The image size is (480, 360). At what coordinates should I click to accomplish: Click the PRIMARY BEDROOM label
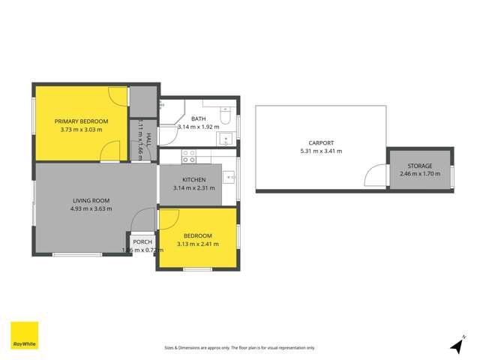point(81,121)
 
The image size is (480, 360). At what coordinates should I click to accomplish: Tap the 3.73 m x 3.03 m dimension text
point(81,130)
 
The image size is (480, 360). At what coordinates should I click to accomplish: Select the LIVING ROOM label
point(91,200)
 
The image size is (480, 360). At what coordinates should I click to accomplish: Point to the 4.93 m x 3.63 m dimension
point(91,208)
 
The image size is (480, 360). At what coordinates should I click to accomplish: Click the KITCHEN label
point(194,180)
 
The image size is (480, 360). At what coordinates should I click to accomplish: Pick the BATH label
point(198,118)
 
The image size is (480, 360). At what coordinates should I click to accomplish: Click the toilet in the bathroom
point(226,113)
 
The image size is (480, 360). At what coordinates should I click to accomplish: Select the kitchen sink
point(229,177)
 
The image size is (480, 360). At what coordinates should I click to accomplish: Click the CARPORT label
point(320,142)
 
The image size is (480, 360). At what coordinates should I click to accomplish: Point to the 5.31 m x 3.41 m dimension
point(320,151)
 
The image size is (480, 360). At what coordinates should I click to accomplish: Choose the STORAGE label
point(420,166)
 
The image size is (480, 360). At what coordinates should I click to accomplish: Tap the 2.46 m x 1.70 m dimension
point(420,174)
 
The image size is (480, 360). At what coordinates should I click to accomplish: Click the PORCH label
point(142,241)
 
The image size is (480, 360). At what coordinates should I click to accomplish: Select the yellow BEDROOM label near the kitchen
point(198,235)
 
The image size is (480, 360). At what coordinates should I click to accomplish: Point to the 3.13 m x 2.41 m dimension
point(198,244)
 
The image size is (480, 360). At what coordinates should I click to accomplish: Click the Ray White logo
point(24,336)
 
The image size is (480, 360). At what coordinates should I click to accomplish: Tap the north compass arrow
point(456,345)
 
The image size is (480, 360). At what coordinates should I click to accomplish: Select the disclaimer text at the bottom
point(239,348)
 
